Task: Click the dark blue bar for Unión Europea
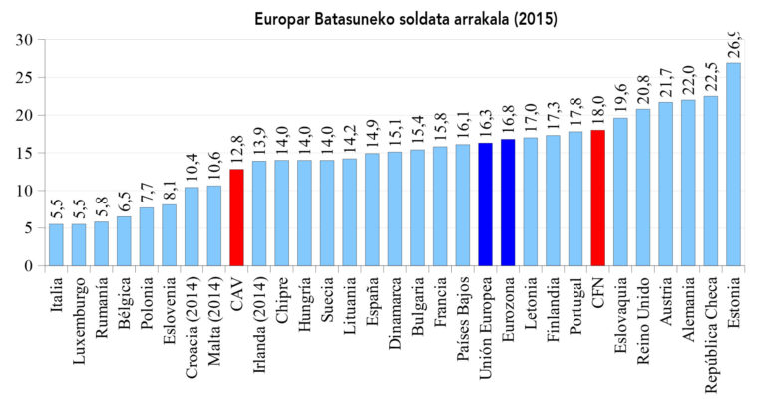485,204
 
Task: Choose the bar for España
372,209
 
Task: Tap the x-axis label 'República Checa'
712,324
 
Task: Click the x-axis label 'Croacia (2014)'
191,318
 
